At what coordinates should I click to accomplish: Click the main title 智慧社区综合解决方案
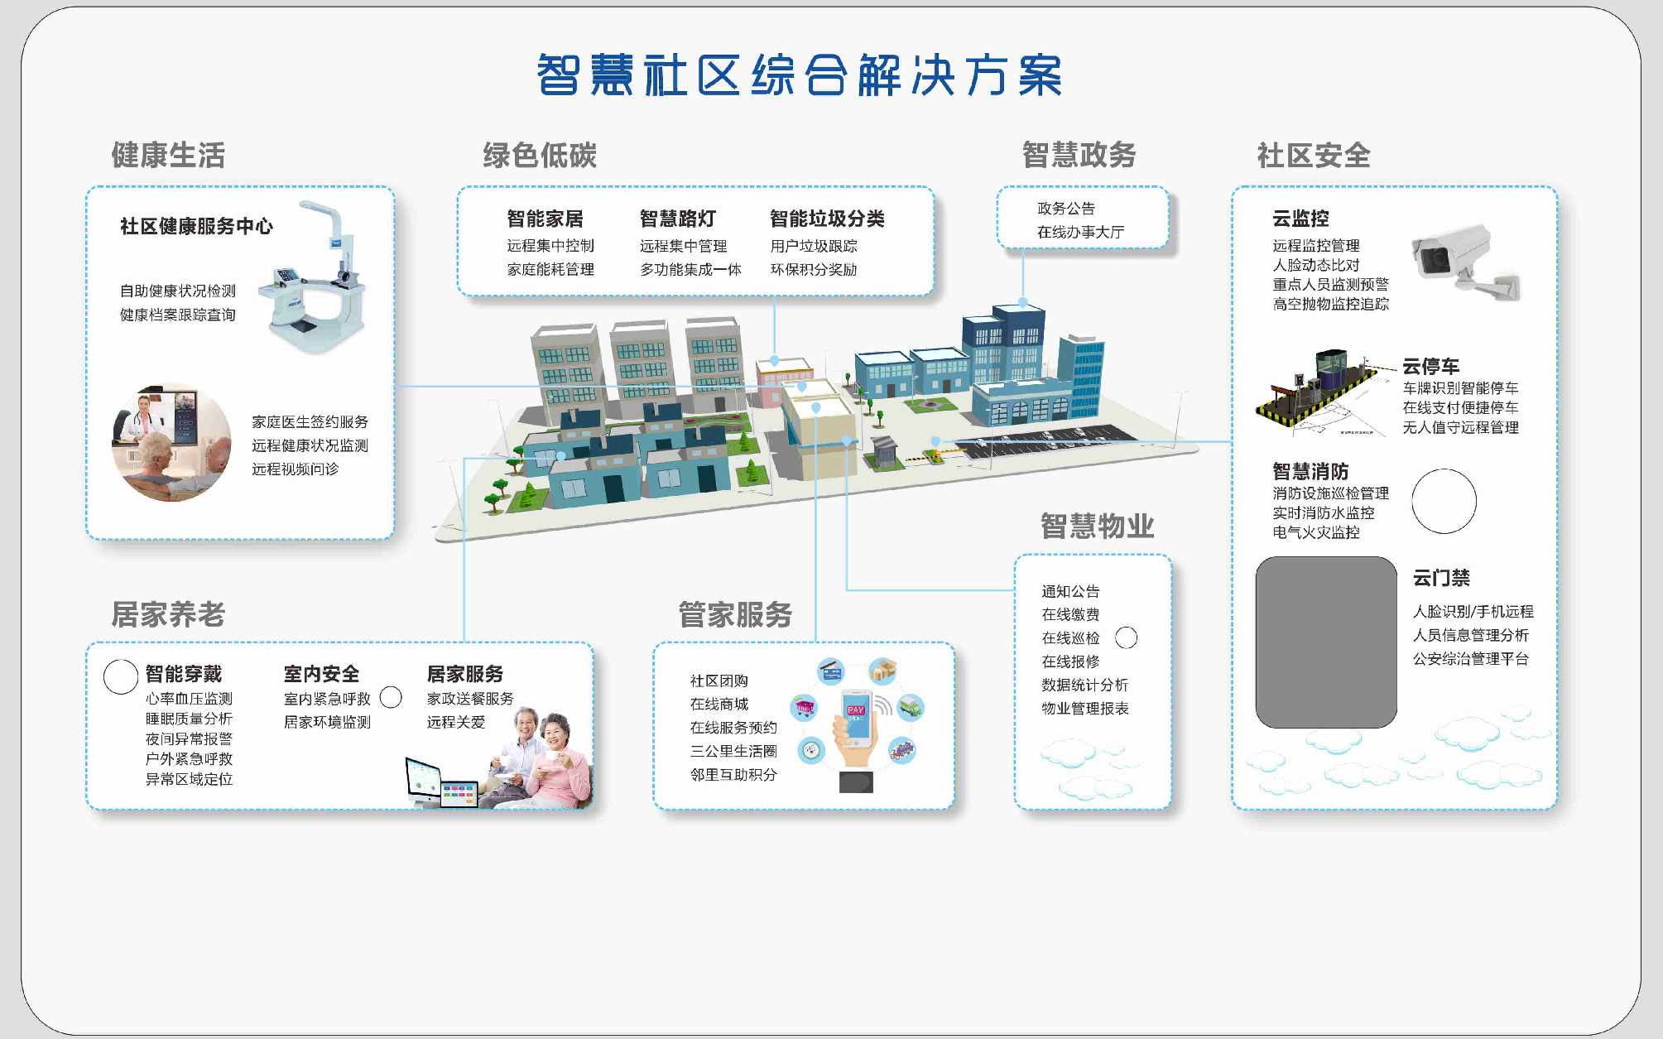point(800,75)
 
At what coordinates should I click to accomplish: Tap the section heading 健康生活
point(168,155)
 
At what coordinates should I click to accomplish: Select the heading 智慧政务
point(1079,155)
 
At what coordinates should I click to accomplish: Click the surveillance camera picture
point(1464,262)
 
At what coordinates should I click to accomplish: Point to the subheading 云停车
point(1430,366)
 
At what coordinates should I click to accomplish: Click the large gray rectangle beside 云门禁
point(1326,642)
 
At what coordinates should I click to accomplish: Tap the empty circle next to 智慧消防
point(1444,501)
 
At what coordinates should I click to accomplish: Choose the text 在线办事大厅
point(1080,232)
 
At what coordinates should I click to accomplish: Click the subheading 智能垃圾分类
point(827,219)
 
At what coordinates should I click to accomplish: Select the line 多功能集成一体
point(690,269)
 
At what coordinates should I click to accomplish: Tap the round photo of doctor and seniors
point(171,442)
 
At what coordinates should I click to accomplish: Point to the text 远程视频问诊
point(296,469)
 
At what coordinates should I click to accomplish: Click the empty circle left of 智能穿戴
point(121,676)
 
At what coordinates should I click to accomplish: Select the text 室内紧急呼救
point(327,699)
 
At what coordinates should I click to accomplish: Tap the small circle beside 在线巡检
point(1126,637)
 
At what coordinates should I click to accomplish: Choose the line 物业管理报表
point(1085,709)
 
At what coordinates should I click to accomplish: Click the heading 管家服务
point(735,614)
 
